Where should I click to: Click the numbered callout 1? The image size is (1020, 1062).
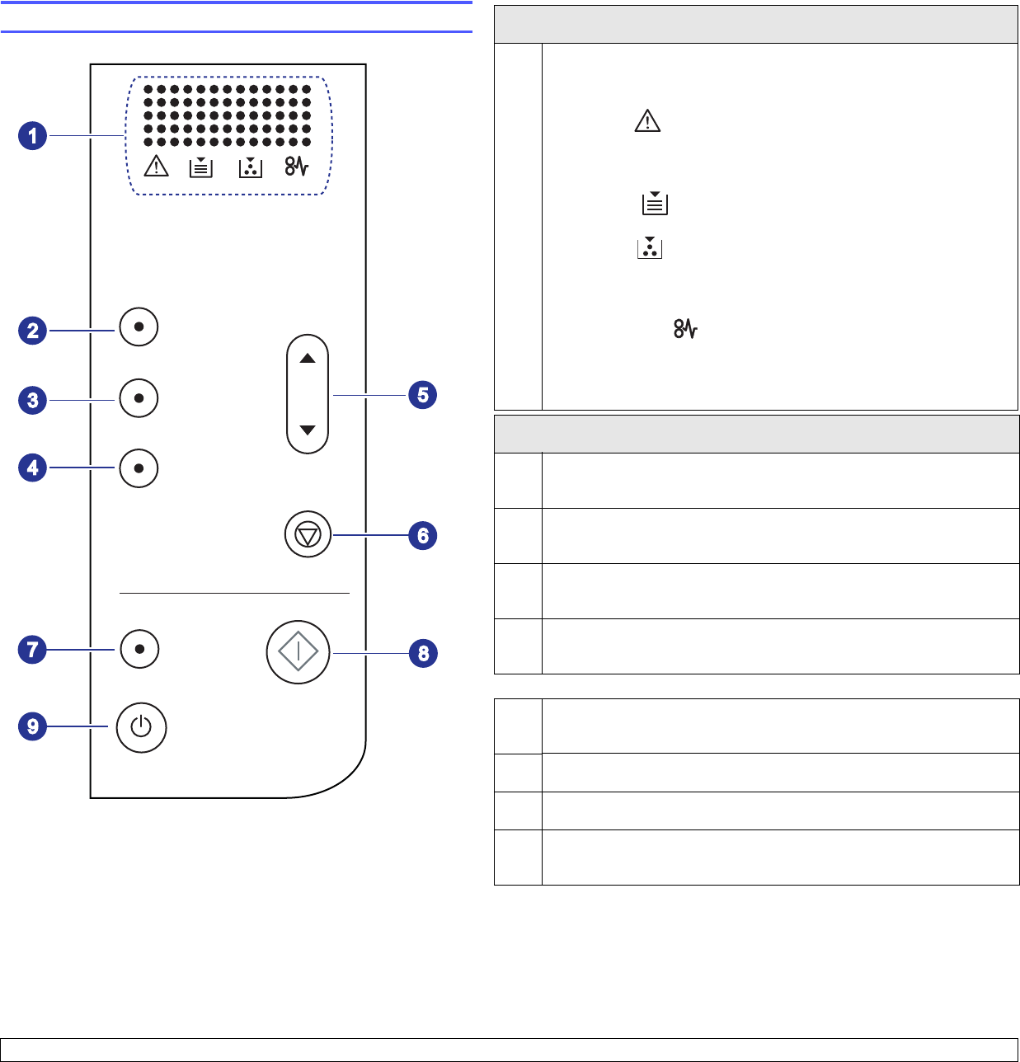click(33, 135)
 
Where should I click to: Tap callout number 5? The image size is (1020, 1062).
click(422, 395)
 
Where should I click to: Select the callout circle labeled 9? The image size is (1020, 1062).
click(33, 726)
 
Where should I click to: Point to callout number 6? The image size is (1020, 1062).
click(422, 536)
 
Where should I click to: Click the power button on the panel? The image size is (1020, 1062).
click(142, 727)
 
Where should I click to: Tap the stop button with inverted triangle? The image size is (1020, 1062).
click(308, 535)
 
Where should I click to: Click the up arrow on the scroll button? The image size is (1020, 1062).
click(308, 359)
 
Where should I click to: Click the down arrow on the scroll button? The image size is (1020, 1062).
click(308, 430)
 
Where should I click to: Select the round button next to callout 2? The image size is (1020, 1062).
click(139, 327)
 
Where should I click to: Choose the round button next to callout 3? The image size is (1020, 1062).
click(139, 398)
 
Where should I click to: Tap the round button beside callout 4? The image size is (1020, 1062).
click(139, 468)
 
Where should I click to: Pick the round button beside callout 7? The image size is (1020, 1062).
click(139, 649)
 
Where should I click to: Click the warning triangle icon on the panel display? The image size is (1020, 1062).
click(156, 167)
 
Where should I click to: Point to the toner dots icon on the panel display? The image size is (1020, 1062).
click(251, 167)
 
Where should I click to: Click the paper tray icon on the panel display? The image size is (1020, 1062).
click(201, 167)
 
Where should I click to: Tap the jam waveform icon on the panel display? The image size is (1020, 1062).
click(297, 167)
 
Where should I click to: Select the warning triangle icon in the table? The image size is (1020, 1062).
click(647, 122)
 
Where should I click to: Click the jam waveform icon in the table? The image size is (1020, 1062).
click(686, 330)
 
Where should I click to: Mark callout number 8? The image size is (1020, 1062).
click(423, 654)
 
